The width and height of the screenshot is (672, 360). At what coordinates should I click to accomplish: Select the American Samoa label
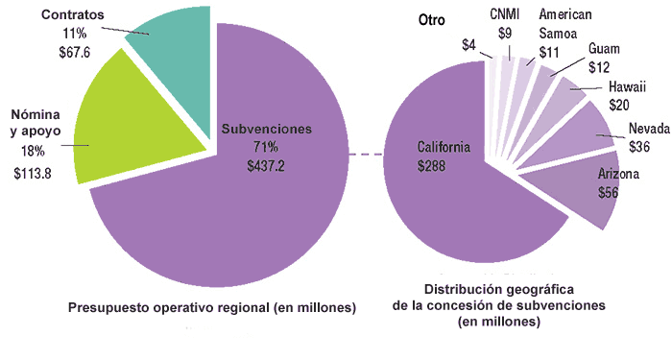565,24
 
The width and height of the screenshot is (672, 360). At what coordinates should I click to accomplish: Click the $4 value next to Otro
469,44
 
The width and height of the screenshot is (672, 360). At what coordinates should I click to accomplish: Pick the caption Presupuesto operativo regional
211,307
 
